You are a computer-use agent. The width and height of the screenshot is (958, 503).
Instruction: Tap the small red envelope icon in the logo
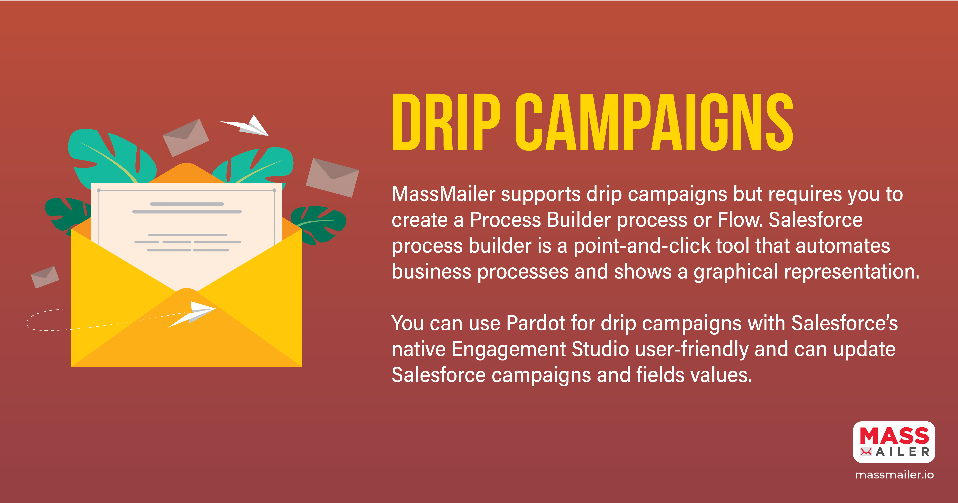(x=866, y=452)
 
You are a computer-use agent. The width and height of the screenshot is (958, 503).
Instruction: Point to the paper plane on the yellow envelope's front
(x=192, y=314)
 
